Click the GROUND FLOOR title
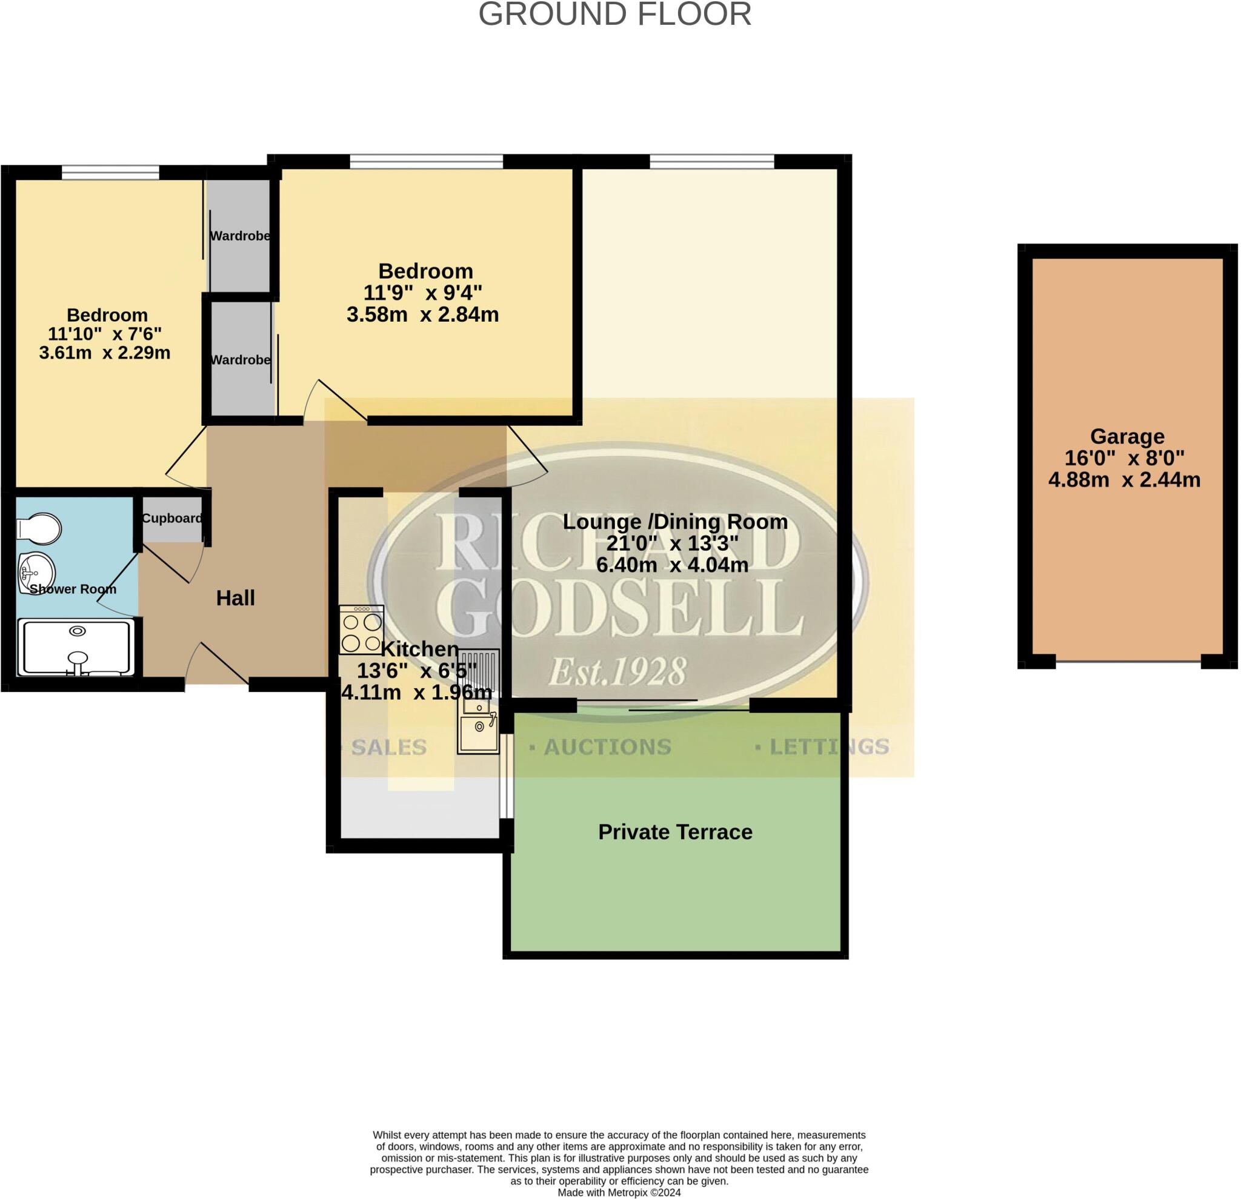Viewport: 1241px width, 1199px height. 614,14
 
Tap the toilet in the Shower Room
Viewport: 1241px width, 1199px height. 39,528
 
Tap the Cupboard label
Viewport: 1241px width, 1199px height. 171,519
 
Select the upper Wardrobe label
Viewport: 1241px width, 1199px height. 240,236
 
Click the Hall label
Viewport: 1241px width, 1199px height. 235,598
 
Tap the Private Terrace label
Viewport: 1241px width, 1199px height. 675,832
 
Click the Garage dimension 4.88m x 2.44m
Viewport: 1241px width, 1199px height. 1124,480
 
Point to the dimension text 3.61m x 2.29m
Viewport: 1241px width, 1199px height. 104,353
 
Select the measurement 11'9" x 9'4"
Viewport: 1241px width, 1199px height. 422,293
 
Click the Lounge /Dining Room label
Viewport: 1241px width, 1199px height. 675,522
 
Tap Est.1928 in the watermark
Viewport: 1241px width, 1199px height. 617,672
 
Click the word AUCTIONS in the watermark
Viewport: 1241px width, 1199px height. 607,747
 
